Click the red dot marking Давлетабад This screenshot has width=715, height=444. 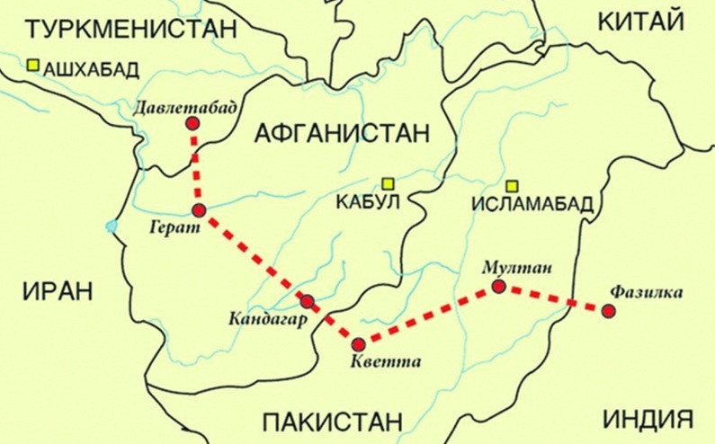tap(192, 124)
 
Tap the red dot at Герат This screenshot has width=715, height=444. tap(200, 210)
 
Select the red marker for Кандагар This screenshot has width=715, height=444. tap(308, 302)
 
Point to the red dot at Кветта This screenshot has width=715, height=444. tap(359, 343)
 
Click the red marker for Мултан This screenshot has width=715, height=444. tap(499, 287)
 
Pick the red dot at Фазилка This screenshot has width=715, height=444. tap(609, 311)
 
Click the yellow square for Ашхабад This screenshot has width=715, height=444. tap(33, 65)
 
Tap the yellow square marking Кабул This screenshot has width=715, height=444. tap(388, 182)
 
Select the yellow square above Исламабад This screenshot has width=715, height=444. tap(512, 186)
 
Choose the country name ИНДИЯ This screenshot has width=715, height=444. tap(648, 419)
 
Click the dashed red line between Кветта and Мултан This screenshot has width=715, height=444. tap(429, 315)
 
